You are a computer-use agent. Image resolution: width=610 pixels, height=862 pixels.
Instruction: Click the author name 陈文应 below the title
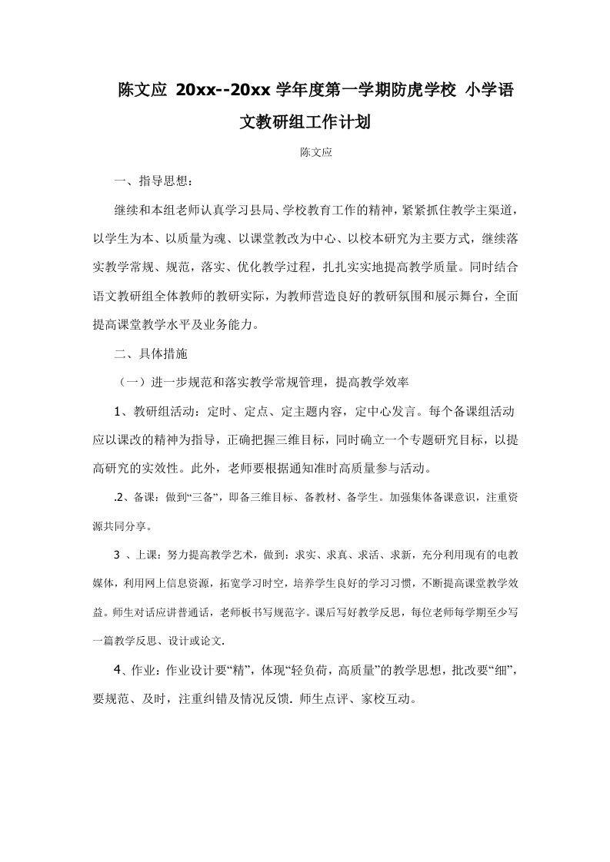click(x=315, y=152)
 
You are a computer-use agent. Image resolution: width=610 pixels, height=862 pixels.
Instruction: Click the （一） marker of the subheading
click(x=128, y=382)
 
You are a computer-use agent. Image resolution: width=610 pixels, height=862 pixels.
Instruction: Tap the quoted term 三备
click(x=208, y=498)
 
